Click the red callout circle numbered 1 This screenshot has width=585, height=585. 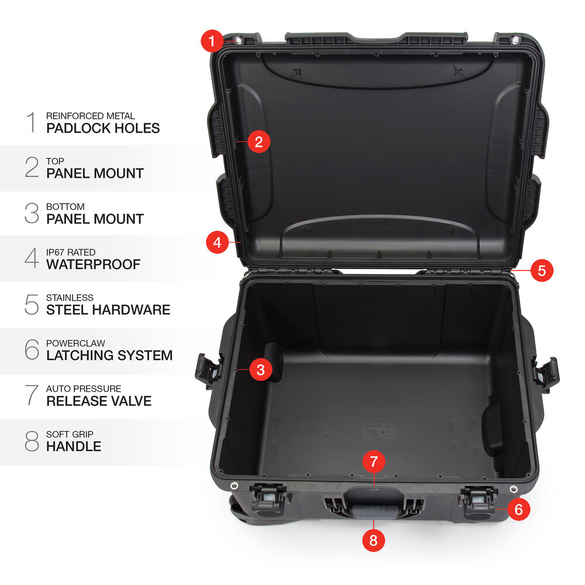(x=212, y=41)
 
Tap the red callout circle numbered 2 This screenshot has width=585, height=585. (x=259, y=142)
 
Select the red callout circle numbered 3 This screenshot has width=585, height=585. (x=260, y=370)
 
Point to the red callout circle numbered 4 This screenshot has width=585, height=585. (x=218, y=243)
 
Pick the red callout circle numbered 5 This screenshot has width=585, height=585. (x=542, y=270)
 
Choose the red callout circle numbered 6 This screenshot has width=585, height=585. (x=518, y=510)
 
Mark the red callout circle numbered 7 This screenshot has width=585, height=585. (x=373, y=462)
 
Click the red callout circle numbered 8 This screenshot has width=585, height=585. (x=373, y=540)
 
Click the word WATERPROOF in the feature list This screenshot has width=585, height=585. (x=93, y=264)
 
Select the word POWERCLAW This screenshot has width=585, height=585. (x=75, y=343)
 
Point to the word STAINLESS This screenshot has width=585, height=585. (x=70, y=298)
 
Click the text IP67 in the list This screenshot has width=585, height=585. (x=55, y=252)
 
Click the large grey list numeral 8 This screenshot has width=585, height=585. (x=32, y=441)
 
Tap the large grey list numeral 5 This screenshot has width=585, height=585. (x=32, y=304)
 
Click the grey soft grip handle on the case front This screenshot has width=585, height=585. (x=374, y=511)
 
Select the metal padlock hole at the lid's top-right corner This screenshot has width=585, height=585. (x=515, y=40)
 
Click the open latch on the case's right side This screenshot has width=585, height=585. (x=546, y=373)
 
